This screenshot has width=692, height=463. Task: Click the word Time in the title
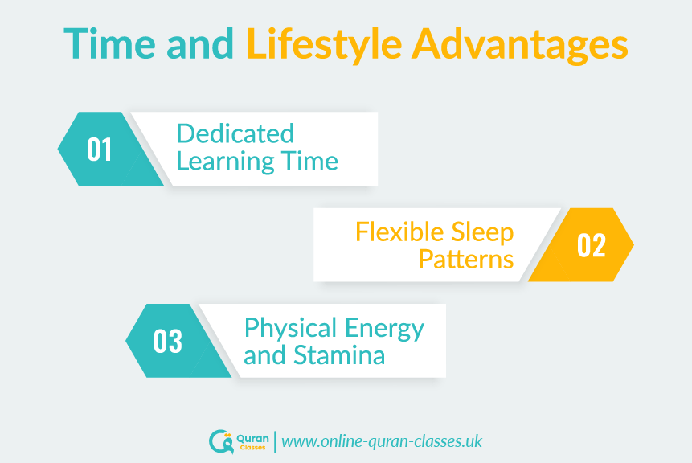[109, 43]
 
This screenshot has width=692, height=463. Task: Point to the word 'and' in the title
[200, 43]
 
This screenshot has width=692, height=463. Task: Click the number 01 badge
[99, 150]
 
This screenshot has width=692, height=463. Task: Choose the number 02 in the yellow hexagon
[592, 245]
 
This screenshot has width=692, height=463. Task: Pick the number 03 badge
[168, 341]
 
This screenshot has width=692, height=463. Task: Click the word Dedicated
[235, 133]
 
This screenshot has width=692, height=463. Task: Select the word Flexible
[399, 231]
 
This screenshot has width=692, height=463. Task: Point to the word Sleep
[482, 233]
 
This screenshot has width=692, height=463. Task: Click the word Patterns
[466, 259]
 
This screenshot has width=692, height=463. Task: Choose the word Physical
[291, 330]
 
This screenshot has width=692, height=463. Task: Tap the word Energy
[384, 330]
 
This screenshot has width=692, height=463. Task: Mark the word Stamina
[339, 355]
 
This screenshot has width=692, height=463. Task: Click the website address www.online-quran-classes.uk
[382, 441]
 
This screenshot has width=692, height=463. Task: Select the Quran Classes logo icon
[221, 441]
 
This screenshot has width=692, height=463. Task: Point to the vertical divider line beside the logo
[275, 442]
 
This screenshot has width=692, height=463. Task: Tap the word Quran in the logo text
[252, 439]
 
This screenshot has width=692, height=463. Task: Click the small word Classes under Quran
[253, 448]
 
